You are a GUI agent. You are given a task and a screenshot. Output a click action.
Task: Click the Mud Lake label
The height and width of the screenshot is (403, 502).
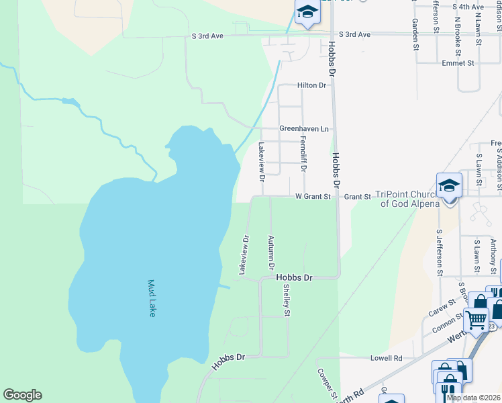[152, 298]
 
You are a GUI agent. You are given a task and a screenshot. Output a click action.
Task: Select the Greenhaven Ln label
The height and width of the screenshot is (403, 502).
[305, 128]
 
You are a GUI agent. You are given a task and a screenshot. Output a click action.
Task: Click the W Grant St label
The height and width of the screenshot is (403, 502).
[313, 197]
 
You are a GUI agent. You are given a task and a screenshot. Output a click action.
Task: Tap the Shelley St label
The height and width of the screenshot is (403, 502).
[287, 300]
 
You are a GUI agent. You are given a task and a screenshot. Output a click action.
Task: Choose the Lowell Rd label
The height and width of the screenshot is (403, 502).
[386, 359]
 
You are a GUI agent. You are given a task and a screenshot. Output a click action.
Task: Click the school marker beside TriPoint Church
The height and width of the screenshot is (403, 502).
[449, 186]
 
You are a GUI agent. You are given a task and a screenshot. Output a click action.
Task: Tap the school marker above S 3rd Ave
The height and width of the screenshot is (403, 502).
[307, 13]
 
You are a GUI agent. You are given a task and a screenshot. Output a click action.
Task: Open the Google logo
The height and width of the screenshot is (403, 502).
[22, 395]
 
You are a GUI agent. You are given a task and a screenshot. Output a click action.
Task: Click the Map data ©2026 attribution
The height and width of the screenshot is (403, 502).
[473, 398]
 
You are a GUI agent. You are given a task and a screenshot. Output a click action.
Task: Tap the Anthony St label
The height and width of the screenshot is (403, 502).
[493, 255]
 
